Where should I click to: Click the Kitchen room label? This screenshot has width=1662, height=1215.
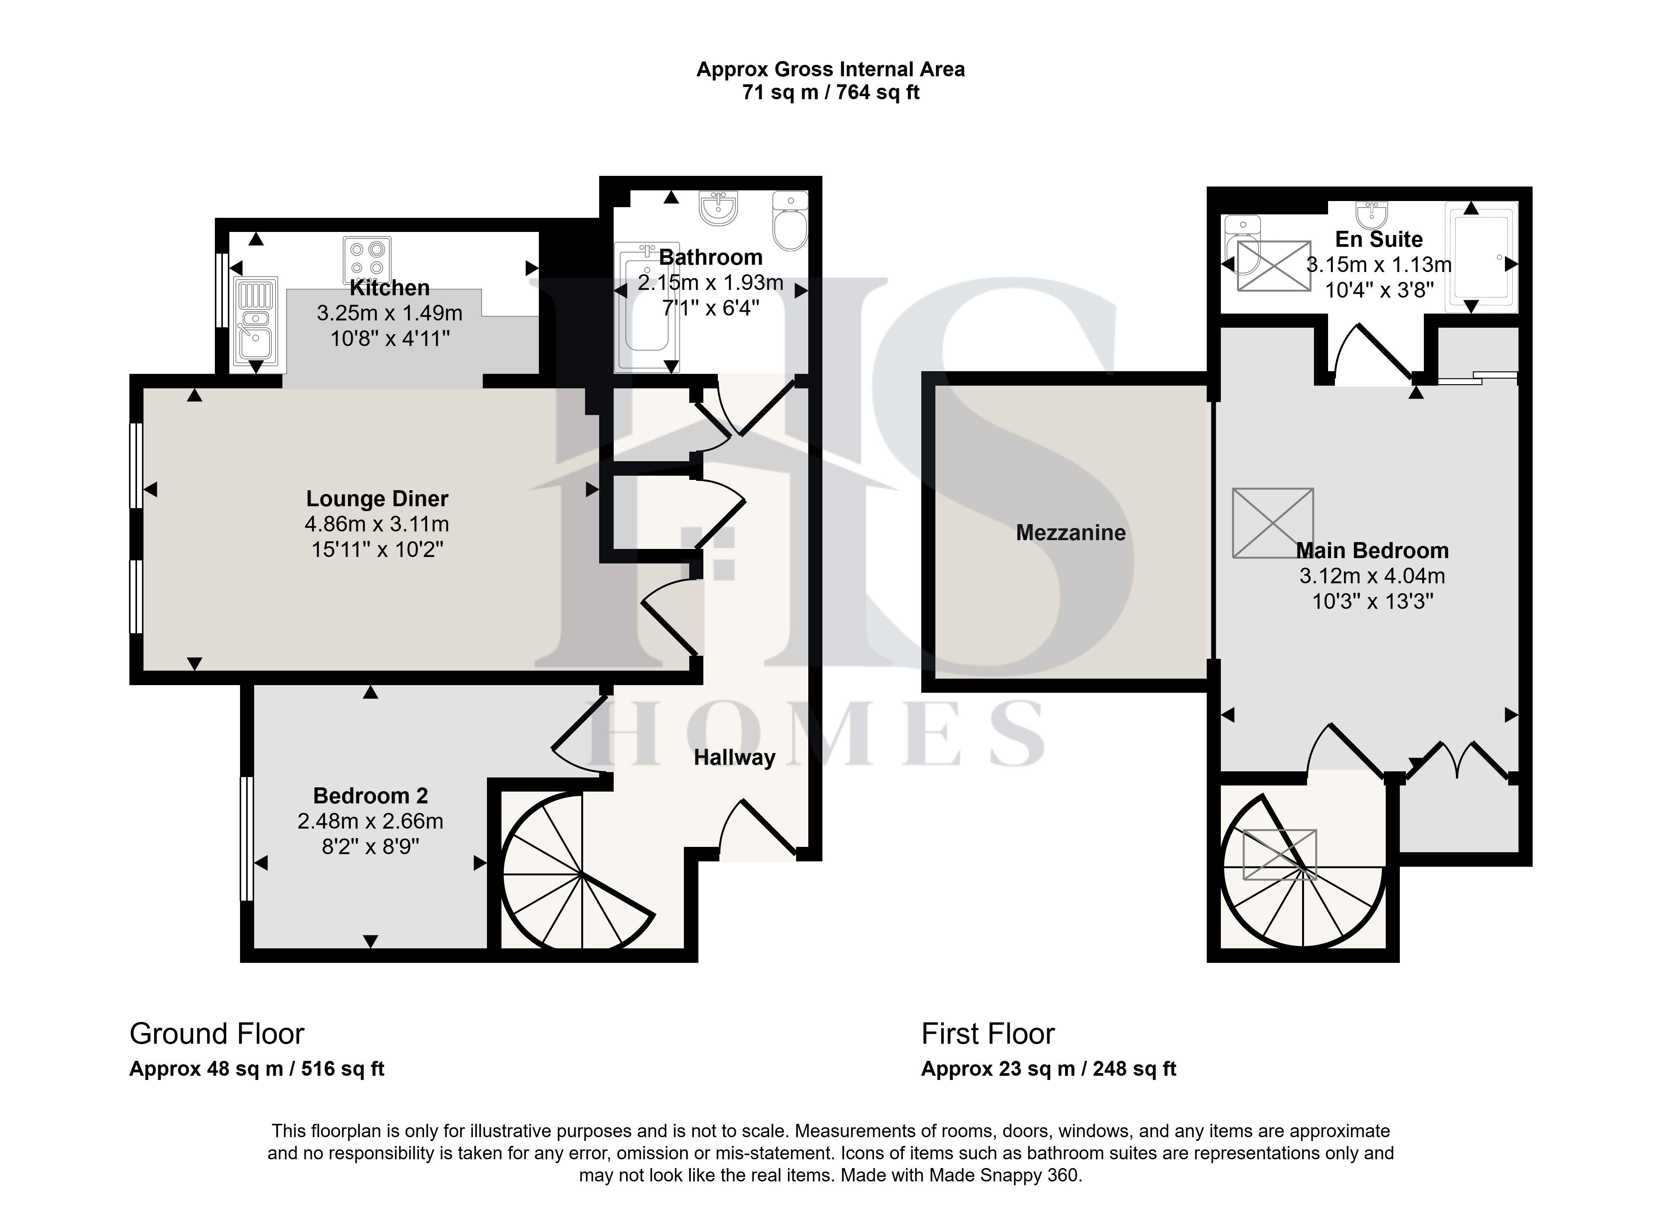pos(389,288)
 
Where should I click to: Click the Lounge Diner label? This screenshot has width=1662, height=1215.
pos(377,499)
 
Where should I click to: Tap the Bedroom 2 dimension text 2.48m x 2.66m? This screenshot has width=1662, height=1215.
pos(370,821)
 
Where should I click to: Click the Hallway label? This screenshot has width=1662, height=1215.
pos(734,758)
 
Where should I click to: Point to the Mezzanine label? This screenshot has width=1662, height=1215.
pos(1070,533)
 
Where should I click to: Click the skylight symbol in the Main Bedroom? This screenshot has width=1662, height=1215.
pos(1273,523)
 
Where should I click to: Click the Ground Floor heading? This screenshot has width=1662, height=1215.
pos(217,1034)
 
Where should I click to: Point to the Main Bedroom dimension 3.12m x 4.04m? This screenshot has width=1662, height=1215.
pos(1372,576)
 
